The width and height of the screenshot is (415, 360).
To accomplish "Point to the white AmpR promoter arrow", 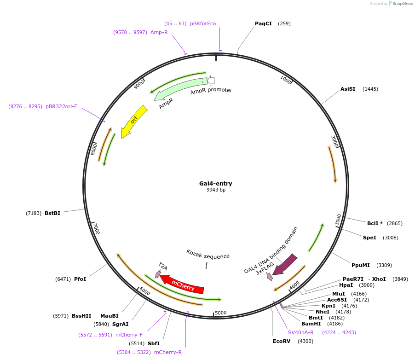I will click(211, 81).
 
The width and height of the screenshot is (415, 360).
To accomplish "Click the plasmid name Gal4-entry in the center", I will click(215, 183).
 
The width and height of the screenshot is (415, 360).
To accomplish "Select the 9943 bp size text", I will click(216, 190).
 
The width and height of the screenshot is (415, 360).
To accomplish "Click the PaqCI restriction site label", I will click(263, 23).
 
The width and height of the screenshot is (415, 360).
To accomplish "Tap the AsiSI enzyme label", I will click(348, 89).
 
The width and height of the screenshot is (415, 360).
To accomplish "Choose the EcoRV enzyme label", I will click(282, 341).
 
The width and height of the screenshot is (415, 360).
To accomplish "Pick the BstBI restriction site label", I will click(52, 213).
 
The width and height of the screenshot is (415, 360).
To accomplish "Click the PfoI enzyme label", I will click(80, 279).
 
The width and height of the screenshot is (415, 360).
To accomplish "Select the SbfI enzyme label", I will click(154, 343).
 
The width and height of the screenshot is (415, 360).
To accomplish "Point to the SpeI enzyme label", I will click(369, 238).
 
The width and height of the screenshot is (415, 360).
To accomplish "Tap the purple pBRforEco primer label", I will click(203, 23).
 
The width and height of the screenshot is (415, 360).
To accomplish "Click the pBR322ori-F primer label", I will click(61, 106).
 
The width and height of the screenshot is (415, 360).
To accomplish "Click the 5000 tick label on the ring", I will click(221, 313).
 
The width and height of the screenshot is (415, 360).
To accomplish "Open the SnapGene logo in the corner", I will click(400, 4).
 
